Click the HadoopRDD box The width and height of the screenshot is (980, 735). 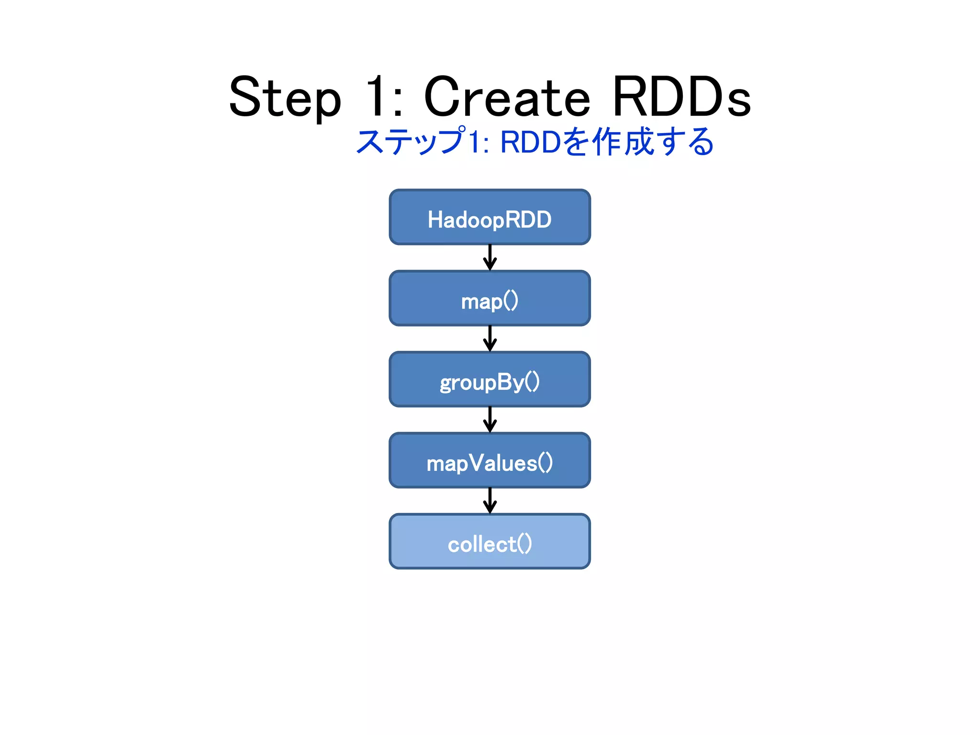[490, 217]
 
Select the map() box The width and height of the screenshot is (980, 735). [490, 299]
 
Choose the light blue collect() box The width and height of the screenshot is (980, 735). [490, 542]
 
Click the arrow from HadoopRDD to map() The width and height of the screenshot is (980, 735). [490, 258]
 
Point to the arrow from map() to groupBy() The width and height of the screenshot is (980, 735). [490, 339]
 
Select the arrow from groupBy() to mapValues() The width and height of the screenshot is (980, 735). [490, 420]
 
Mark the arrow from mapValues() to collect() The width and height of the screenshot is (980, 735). [490, 501]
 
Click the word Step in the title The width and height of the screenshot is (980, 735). [285, 98]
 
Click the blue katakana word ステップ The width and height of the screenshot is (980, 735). [411, 142]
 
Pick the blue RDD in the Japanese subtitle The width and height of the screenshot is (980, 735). [530, 142]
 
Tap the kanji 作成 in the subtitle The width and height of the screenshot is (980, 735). [623, 142]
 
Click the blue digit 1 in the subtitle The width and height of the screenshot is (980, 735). [474, 142]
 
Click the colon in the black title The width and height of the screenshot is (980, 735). [397, 103]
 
